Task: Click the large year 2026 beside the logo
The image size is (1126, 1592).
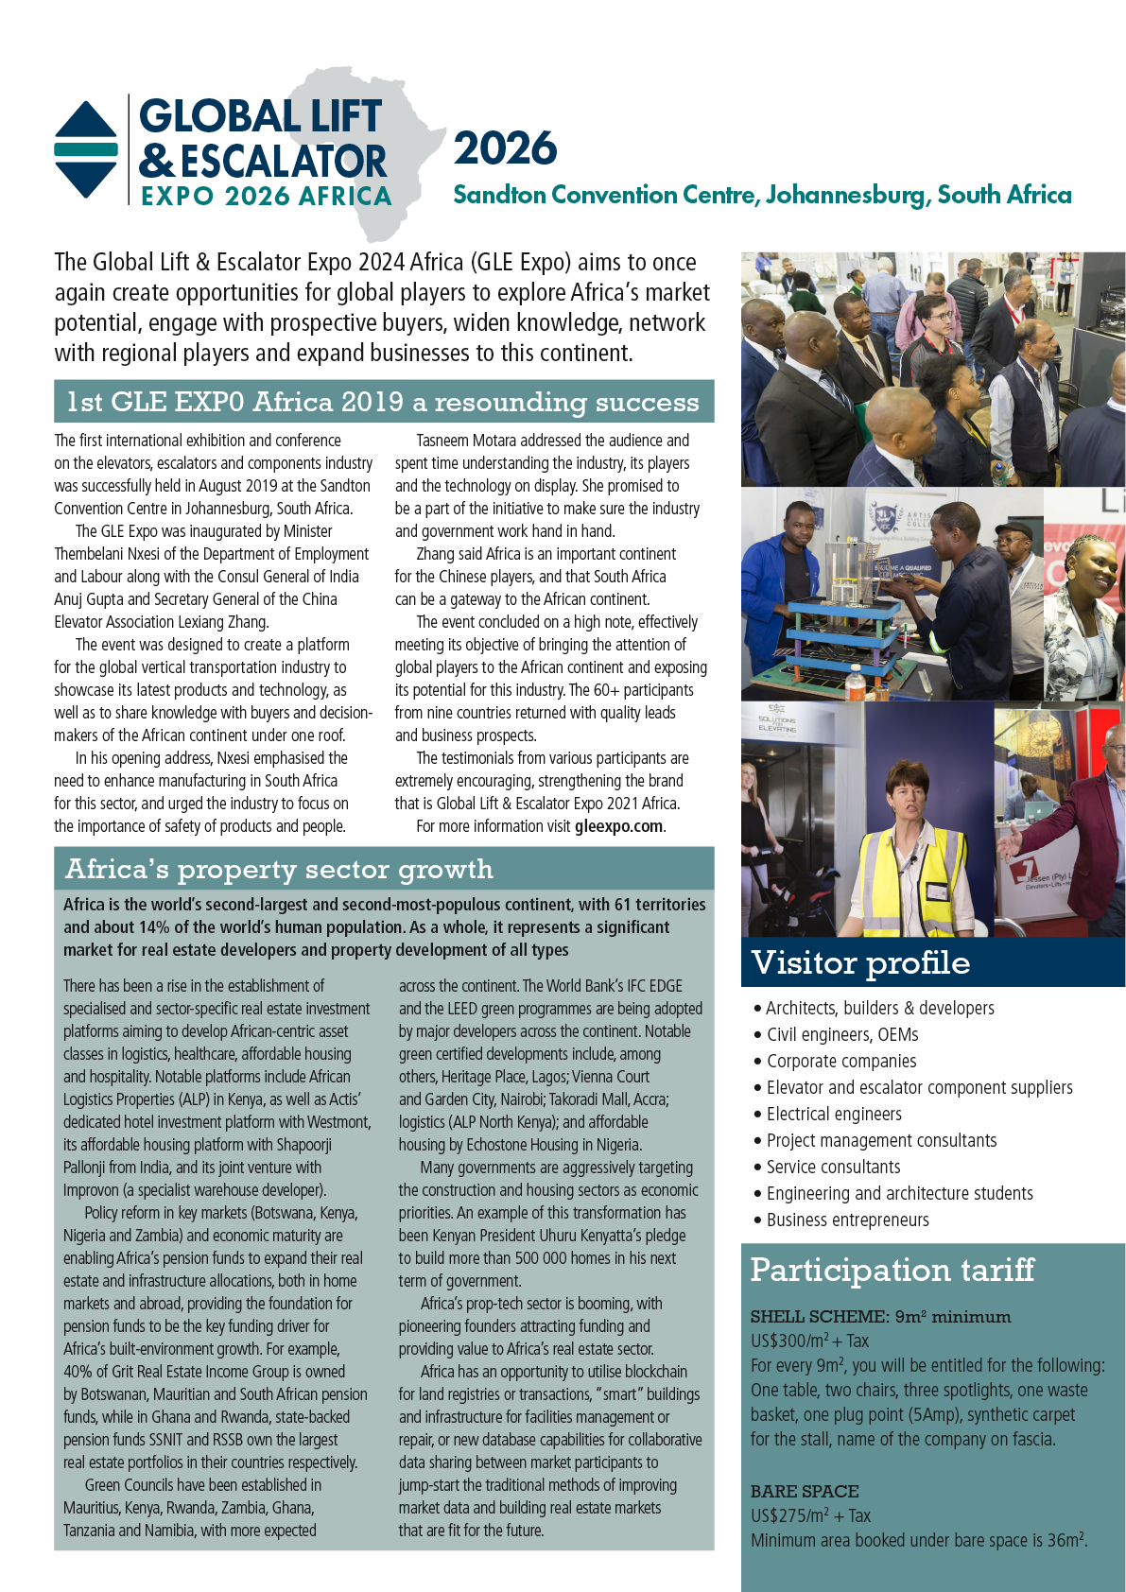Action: (x=505, y=149)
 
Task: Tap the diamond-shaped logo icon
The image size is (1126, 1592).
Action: (x=86, y=149)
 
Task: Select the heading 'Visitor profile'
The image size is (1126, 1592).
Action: (x=860, y=962)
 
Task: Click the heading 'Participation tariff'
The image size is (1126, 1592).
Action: (x=892, y=1270)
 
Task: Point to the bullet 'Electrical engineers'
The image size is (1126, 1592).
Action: (x=834, y=1114)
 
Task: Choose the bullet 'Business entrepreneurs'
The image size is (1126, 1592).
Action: (x=847, y=1220)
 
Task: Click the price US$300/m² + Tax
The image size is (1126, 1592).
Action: (x=809, y=1341)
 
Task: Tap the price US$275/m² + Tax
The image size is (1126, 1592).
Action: (x=810, y=1515)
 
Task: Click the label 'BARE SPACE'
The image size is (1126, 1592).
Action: (x=805, y=1491)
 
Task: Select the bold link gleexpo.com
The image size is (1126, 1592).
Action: (x=618, y=826)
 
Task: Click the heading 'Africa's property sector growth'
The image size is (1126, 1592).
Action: (x=279, y=869)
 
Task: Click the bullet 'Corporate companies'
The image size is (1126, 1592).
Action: (x=840, y=1061)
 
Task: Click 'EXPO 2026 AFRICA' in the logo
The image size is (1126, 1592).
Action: (x=266, y=197)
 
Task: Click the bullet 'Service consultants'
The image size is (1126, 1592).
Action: (x=833, y=1167)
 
